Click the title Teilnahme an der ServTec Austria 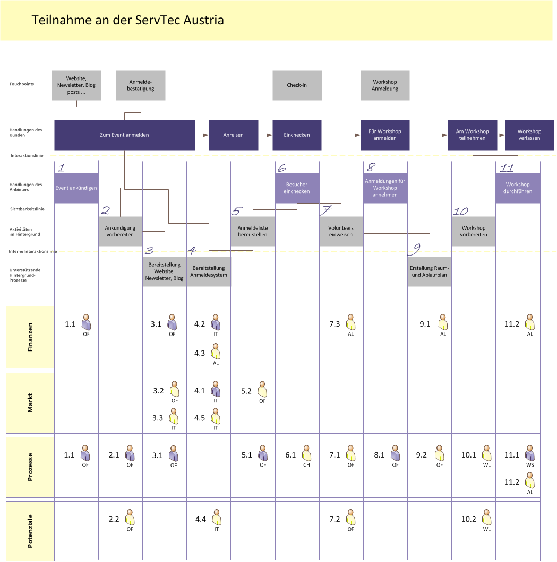point(127,20)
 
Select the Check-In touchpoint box point(297,85)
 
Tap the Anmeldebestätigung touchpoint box point(141,85)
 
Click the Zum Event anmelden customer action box point(125,135)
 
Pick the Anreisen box point(233,135)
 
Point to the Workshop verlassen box point(529,135)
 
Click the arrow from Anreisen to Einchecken point(265,135)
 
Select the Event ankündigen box point(76,188)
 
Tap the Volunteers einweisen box point(341,231)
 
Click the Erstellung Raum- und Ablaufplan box point(430,271)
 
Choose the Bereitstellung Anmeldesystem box point(209,271)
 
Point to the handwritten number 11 point(507,168)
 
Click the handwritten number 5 point(236,211)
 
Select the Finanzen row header point(30,337)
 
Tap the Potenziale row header point(30,531)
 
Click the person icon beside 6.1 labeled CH point(306,453)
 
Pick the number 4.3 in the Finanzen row point(200,353)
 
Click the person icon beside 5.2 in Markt point(262,389)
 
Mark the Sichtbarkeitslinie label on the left point(27,209)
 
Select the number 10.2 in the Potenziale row point(468,519)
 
